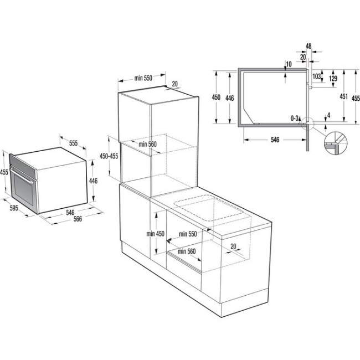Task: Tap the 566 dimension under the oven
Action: pyautogui.click(x=78, y=218)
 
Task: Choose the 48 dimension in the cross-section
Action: pyautogui.click(x=308, y=46)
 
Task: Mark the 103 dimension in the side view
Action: pyautogui.click(x=316, y=76)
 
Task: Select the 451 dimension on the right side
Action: pyautogui.click(x=343, y=96)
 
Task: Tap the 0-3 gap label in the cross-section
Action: pyautogui.click(x=295, y=118)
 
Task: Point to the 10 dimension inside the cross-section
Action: pyautogui.click(x=289, y=64)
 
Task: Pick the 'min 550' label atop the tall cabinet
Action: pyautogui.click(x=142, y=78)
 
